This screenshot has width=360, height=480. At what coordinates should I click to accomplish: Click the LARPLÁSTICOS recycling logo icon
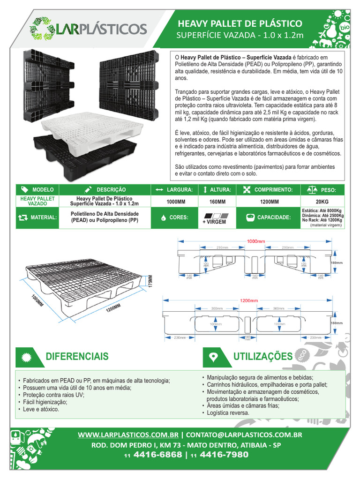click(42, 29)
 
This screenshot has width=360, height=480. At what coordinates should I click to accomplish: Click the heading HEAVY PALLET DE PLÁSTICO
click(239, 23)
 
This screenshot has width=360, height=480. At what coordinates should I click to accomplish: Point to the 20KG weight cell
click(322, 202)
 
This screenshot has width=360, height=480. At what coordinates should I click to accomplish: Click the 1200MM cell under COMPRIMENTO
click(270, 202)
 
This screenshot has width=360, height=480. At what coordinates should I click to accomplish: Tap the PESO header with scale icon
click(322, 190)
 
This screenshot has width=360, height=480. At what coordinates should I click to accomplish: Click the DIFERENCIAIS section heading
click(77, 356)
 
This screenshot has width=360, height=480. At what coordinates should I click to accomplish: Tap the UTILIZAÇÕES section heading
click(262, 357)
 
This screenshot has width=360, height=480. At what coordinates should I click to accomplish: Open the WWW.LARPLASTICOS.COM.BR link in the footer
click(128, 435)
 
